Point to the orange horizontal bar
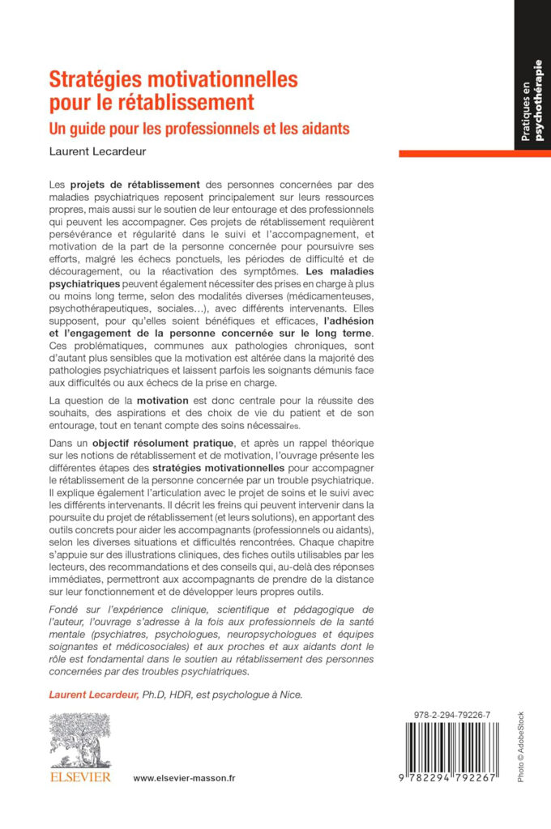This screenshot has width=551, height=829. [x=474, y=153]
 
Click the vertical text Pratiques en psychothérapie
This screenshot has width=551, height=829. [x=532, y=101]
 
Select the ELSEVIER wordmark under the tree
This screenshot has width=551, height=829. [x=79, y=777]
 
